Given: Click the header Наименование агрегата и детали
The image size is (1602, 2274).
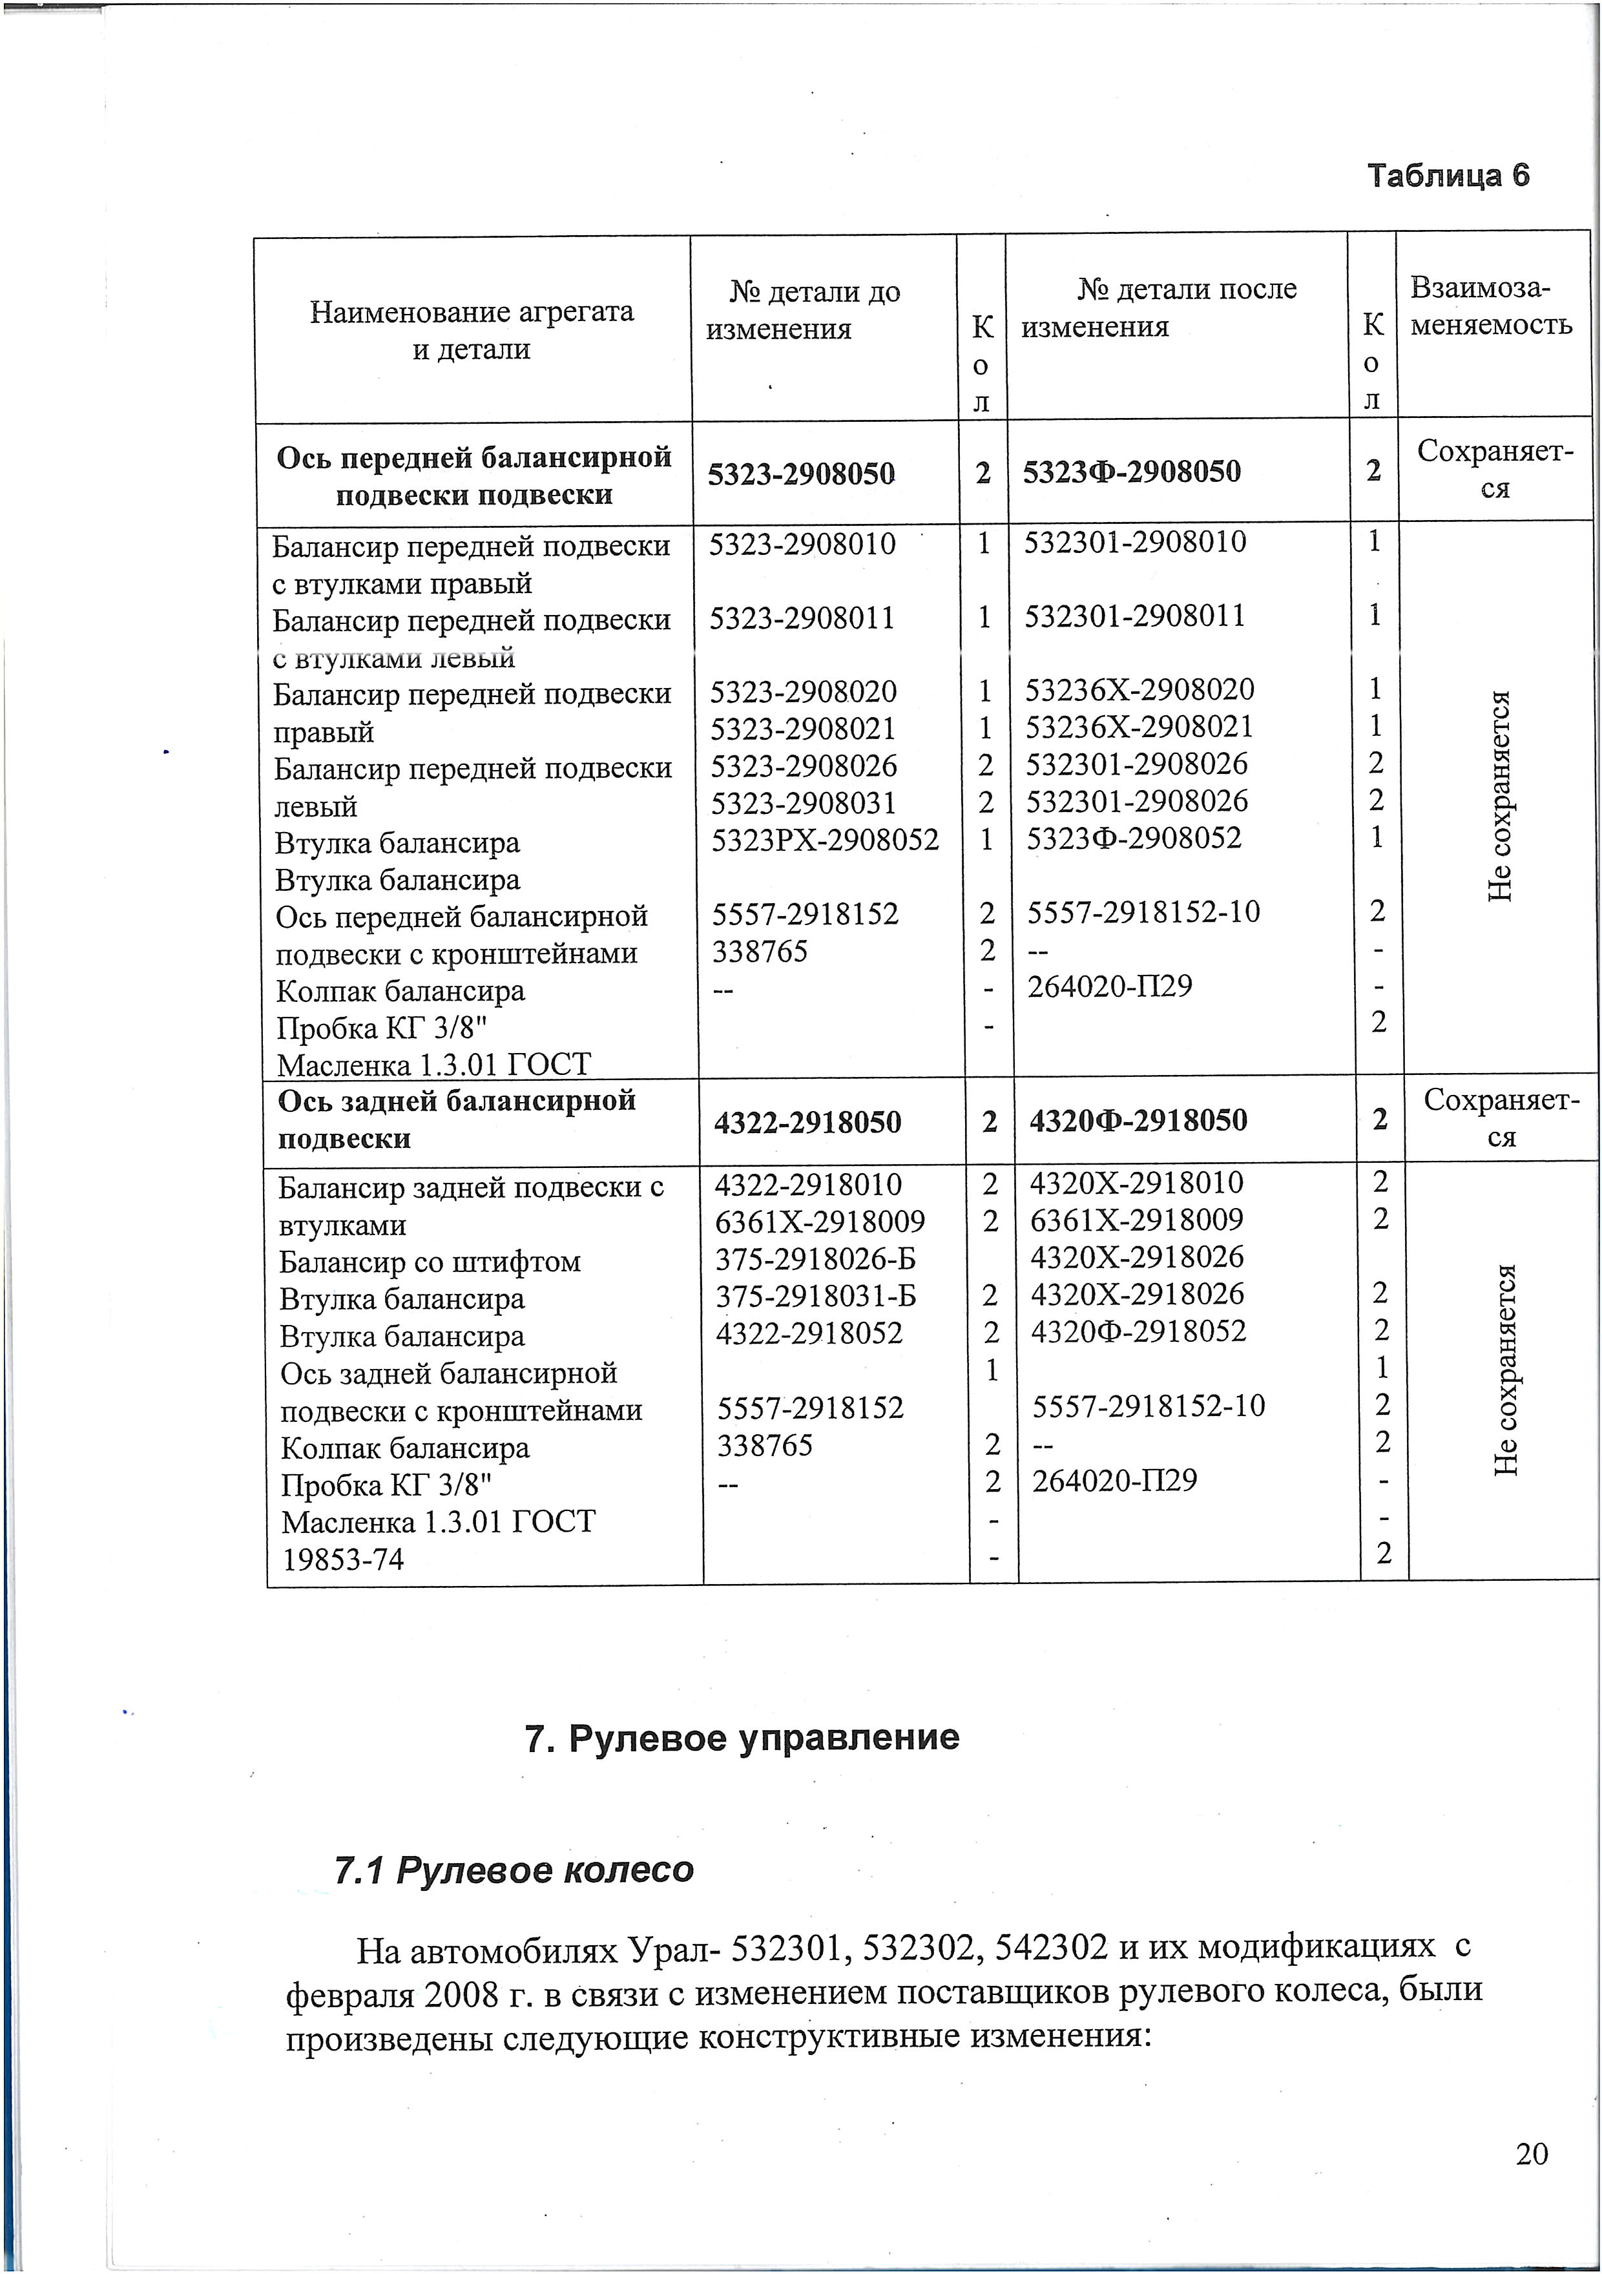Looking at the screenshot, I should (x=472, y=330).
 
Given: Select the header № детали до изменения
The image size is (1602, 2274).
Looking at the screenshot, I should (x=814, y=310).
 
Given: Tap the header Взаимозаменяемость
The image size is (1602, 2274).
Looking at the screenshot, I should (x=1491, y=306).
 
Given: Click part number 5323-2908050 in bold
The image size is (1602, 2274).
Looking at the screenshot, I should (x=801, y=474).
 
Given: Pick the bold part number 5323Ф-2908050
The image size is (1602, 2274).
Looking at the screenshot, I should (x=1130, y=472).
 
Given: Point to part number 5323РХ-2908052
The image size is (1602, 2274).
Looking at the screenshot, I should (x=825, y=840).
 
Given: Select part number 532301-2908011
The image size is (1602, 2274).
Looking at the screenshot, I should (x=1135, y=616).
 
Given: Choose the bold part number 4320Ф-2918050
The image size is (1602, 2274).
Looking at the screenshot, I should (x=1138, y=1120).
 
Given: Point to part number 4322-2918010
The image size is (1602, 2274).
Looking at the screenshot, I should (x=808, y=1185).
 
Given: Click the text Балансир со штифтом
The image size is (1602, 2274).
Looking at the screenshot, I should (x=429, y=1262).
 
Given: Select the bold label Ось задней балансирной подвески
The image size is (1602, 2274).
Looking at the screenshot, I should (x=457, y=1119).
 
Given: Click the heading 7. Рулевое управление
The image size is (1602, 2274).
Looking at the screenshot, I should (x=742, y=1738).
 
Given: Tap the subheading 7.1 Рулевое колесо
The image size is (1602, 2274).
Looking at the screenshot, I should (x=514, y=1870).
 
